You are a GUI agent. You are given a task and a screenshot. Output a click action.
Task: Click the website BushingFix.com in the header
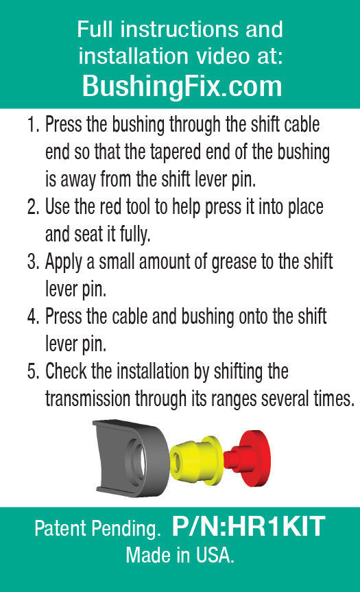(182, 86)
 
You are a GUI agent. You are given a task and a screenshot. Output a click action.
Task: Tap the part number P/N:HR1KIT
(248, 526)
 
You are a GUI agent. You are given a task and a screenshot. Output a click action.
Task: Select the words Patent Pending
(97, 529)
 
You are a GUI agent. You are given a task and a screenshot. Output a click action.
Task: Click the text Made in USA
(180, 556)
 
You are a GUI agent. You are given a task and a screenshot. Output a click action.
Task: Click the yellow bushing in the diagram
(196, 460)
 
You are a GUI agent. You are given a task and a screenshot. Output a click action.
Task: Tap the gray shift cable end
(130, 458)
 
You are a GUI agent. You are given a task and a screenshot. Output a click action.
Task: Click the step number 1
(33, 125)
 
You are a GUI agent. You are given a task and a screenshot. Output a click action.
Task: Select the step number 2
(33, 207)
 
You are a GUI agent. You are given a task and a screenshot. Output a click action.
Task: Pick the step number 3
(33, 261)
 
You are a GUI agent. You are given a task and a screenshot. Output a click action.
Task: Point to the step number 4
(33, 316)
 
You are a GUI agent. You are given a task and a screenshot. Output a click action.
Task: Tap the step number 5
(33, 371)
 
